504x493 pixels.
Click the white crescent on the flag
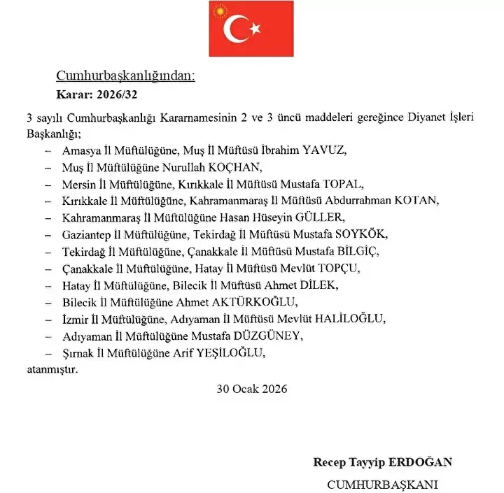[237, 29]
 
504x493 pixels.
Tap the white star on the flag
[255, 29]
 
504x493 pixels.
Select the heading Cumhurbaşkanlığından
[125, 76]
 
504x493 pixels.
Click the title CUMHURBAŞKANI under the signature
[382, 483]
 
